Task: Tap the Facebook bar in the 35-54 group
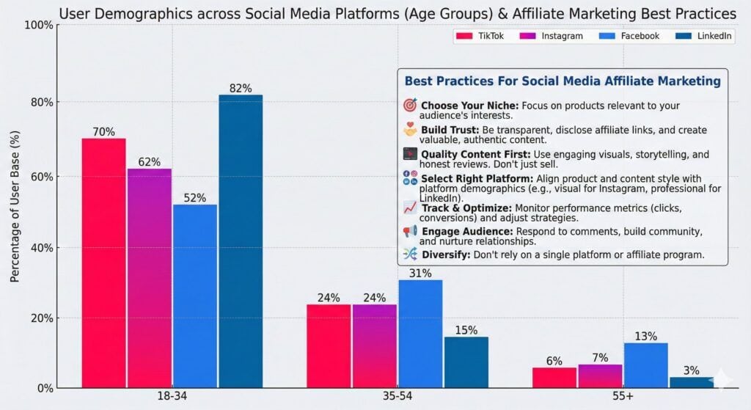[x=420, y=334]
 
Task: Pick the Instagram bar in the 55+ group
[x=599, y=376]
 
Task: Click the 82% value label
[x=240, y=88]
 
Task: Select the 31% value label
[x=420, y=273]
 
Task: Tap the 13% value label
[x=645, y=336]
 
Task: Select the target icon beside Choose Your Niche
[x=410, y=105]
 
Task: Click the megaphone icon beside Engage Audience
[x=410, y=231]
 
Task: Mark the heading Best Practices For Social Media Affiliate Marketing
[x=563, y=81]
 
